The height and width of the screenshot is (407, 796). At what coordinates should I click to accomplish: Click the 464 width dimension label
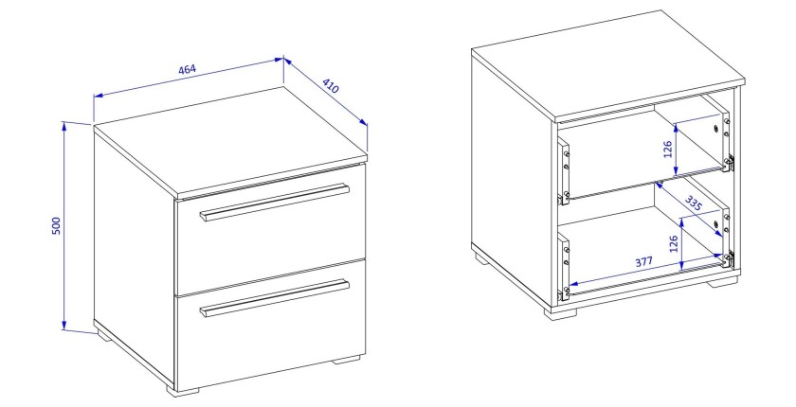coord(188,69)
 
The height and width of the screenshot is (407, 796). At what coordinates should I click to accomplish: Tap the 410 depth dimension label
coord(330,86)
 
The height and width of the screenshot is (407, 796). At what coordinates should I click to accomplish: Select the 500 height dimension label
coord(56,225)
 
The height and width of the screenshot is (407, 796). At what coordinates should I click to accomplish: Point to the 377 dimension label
coord(643,262)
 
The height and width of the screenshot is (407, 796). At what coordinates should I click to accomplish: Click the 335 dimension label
coord(693,203)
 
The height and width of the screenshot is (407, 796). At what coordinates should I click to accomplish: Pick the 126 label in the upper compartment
coord(668,149)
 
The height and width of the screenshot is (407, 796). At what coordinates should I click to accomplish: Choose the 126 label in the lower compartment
coord(673,244)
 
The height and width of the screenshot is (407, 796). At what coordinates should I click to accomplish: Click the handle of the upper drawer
coord(275,202)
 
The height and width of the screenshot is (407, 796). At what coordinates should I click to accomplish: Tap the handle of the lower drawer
coord(275,298)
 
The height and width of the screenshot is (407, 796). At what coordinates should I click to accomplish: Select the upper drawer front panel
coord(271,229)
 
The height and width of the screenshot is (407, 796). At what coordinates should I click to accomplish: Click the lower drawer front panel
coord(271,325)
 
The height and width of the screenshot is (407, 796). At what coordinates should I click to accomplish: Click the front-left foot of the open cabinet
coord(561,312)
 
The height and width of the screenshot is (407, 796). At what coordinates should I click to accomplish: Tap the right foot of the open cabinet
coord(724,280)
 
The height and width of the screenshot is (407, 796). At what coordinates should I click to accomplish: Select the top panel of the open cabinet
coord(608,66)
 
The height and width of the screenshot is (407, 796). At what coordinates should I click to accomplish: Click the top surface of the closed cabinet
coord(230,142)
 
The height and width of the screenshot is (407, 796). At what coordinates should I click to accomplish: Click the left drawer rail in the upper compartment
coord(564,172)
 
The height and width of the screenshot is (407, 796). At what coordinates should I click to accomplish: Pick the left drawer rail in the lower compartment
coord(564,266)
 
